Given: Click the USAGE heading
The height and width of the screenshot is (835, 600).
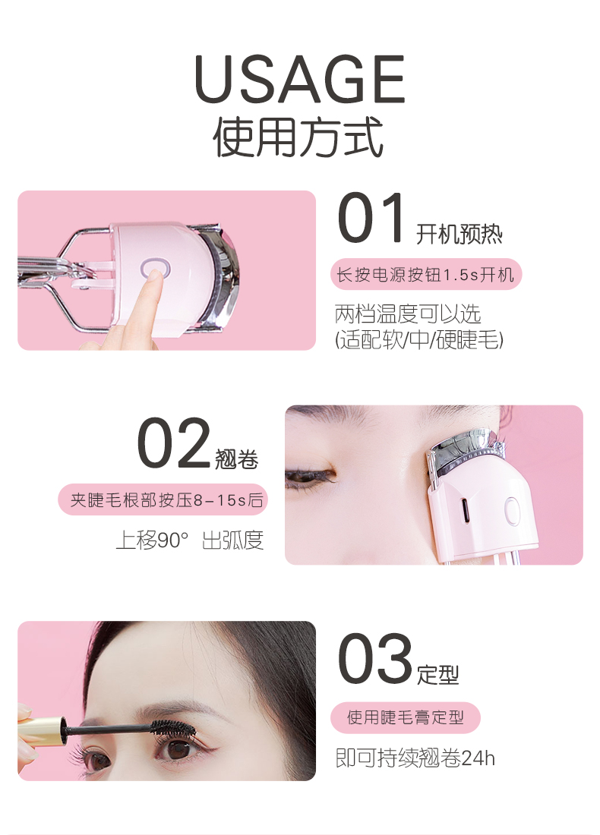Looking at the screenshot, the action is point(299,79).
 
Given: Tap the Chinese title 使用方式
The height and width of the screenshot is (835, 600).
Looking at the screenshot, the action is point(298,137).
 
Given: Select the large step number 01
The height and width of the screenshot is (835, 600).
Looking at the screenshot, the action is point(371,219).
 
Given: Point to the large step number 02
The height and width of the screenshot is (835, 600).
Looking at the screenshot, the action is point(174,443).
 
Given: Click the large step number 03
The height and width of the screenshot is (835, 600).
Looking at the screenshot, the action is point(374,659).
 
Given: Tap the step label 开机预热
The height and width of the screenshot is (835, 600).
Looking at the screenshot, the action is point(459,234).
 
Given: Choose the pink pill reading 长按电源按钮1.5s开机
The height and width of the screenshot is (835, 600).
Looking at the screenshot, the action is point(426,275).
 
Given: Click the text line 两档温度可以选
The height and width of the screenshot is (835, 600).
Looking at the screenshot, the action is point(408,314).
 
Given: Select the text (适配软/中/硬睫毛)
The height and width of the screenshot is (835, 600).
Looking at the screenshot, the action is point(418,340).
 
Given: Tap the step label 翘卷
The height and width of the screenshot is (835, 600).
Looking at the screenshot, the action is point(237,459).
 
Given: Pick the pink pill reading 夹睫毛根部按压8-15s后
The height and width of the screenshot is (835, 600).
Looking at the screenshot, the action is point(163,500).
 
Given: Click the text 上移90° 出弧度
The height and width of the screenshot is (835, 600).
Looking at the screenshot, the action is point(190,540).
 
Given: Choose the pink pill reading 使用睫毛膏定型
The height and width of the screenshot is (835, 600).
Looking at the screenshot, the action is point(406,717).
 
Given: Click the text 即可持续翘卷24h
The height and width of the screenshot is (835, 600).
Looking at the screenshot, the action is point(415,758).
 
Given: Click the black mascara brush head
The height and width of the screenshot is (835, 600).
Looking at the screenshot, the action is point(170,727).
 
